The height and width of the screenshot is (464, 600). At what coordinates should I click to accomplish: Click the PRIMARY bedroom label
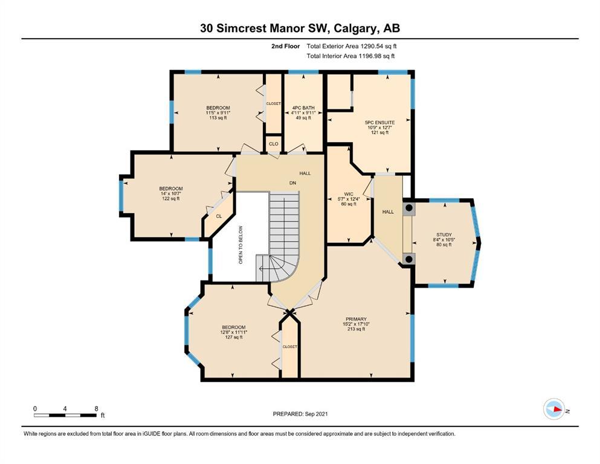[356, 319]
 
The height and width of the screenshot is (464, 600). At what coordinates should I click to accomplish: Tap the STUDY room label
[444, 234]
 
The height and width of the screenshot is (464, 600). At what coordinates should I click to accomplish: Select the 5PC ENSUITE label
[379, 123]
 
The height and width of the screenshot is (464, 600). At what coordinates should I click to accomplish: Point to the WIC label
[349, 194]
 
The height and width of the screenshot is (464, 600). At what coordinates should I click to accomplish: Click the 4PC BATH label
[303, 108]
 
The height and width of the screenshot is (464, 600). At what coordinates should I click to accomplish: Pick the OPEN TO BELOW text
[240, 245]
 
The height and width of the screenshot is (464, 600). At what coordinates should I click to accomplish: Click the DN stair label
[292, 183]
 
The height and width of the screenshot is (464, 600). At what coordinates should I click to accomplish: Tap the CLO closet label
[274, 144]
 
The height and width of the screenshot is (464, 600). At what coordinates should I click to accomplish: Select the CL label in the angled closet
[219, 216]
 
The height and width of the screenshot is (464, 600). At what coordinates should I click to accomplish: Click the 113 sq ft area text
[218, 118]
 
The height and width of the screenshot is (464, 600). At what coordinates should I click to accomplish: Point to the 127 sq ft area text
[233, 337]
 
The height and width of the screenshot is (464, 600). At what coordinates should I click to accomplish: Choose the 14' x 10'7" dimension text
[170, 193]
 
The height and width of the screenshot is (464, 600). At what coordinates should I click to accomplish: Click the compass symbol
[554, 409]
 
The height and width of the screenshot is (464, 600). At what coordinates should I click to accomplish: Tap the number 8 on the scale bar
[97, 408]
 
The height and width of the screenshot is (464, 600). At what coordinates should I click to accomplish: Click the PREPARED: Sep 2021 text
[300, 414]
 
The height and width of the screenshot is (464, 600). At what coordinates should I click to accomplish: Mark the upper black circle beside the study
[409, 208]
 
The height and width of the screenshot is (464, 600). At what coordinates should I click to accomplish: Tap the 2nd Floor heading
[285, 47]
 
